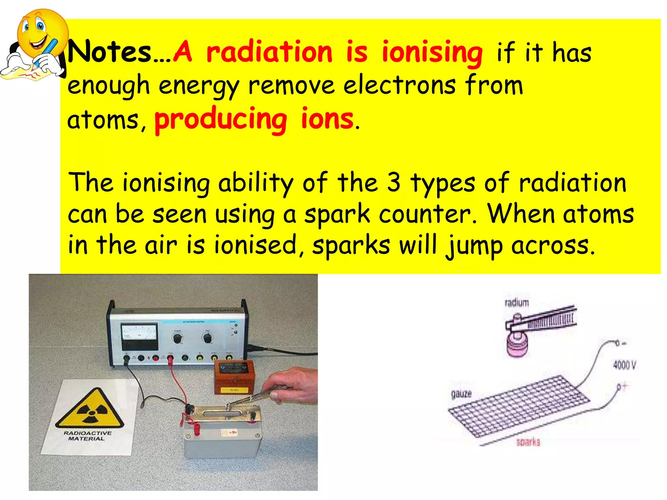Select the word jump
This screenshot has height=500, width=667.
(474, 246)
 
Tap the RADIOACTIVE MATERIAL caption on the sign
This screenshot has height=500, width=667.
(87, 436)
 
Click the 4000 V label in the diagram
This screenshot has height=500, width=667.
(624, 365)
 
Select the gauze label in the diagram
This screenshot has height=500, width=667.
(461, 394)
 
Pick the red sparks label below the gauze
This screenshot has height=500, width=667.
(528, 442)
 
